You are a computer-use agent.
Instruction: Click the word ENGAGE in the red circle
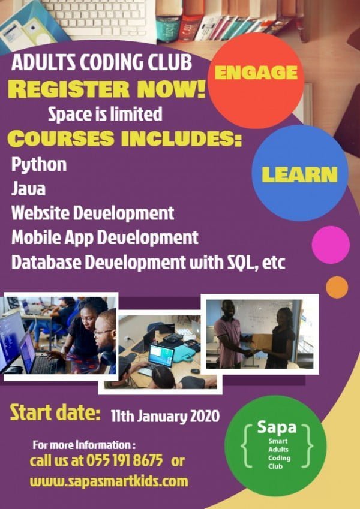(x=256, y=73)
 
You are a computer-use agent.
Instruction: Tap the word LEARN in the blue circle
(x=299, y=174)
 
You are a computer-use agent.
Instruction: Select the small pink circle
(x=331, y=245)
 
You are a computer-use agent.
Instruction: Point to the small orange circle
(x=337, y=287)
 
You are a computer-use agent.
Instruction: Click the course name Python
(x=39, y=165)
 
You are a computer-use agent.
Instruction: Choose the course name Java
(x=28, y=189)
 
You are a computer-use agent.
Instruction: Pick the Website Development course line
(x=93, y=212)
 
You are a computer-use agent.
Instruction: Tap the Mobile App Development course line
(x=105, y=237)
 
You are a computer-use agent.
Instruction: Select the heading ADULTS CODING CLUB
(x=102, y=62)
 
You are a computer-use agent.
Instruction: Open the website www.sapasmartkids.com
(x=109, y=481)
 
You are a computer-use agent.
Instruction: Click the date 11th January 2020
(x=165, y=414)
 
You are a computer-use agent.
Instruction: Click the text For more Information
(x=84, y=445)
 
